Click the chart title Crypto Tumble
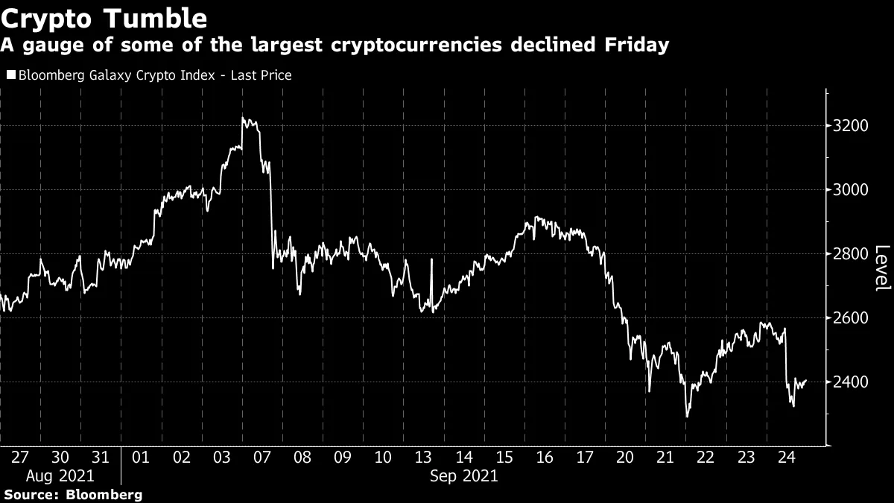104,16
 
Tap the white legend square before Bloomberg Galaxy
10,75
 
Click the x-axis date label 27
20,458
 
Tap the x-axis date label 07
262,458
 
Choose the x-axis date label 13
423,458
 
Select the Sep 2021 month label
463,475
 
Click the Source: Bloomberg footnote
72,494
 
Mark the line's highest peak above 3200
243,118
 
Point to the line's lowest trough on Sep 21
686,416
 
